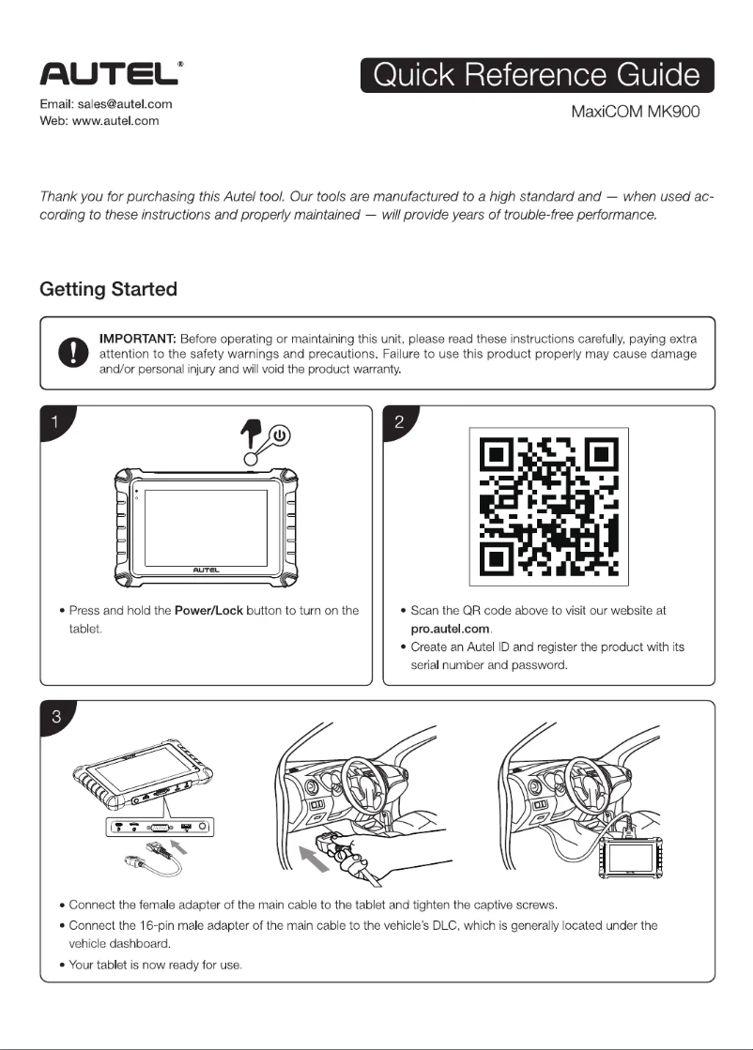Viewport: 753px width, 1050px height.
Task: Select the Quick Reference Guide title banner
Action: [536, 76]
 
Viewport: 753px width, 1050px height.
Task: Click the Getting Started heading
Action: [108, 289]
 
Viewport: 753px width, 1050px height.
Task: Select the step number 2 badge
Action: [400, 422]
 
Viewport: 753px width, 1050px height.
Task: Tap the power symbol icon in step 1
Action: [282, 436]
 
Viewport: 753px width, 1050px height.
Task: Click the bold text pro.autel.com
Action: [452, 628]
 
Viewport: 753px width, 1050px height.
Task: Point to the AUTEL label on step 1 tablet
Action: [206, 569]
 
